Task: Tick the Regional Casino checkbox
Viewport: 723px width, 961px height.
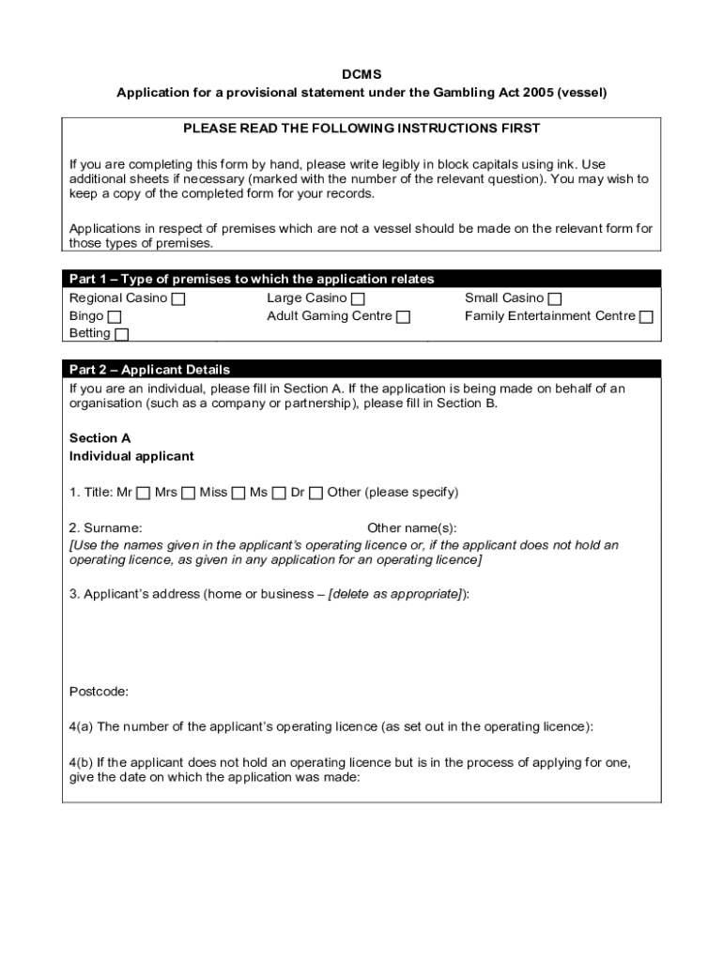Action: coord(178,299)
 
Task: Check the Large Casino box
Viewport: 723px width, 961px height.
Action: coord(358,299)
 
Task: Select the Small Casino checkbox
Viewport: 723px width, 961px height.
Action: coord(555,299)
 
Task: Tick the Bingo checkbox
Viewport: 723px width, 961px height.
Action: coord(115,317)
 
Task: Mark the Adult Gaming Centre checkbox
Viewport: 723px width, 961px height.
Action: coord(403,317)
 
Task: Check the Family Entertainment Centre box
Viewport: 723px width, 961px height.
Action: coord(646,317)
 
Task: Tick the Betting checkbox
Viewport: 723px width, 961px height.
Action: coord(122,334)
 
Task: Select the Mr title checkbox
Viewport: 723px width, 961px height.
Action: coord(143,493)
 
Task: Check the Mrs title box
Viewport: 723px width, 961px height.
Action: coord(189,493)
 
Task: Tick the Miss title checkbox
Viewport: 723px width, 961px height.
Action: coord(238,493)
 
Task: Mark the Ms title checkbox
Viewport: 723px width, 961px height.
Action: coord(279,493)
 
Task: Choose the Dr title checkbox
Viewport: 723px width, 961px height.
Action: coord(315,493)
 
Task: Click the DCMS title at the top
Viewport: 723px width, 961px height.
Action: coord(361,74)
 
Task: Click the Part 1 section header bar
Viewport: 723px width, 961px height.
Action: coord(361,279)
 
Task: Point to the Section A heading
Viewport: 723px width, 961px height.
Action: coord(100,438)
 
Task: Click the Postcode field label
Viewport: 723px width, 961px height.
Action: coord(99,692)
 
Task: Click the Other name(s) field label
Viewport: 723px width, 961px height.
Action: coord(411,528)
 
